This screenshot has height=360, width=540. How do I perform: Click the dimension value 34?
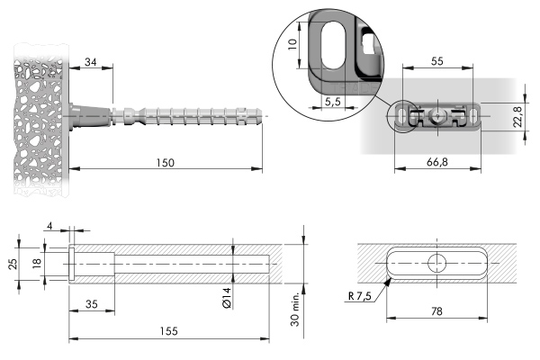coord(91,62)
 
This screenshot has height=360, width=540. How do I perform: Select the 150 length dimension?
coord(166,163)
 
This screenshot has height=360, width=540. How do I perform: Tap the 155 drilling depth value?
coord(169,331)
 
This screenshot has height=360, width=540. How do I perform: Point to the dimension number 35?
coord(91,304)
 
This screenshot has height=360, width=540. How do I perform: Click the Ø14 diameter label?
coord(227,298)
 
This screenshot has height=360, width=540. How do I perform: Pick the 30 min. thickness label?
coord(295,310)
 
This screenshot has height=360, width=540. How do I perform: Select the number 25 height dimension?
coord(13,264)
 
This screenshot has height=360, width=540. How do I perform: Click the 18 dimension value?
coord(37,263)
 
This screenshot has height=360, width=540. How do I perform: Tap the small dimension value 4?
coord(49,226)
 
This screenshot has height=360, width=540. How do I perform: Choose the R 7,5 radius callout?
coord(360,296)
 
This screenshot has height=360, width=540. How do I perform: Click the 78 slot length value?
coord(436,311)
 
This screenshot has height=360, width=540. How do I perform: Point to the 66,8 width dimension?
coord(437,162)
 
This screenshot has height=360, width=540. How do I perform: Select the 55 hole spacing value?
coord(437,61)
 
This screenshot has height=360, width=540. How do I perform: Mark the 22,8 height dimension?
coord(518,117)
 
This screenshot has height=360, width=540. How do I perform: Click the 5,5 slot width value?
coord(332,102)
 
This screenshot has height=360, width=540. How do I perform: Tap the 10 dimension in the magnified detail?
coord(292,44)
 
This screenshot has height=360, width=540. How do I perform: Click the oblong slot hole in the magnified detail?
coord(333,45)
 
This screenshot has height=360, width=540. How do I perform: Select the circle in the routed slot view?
coord(437,263)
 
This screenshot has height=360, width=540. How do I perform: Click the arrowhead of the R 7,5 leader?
coord(388,283)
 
